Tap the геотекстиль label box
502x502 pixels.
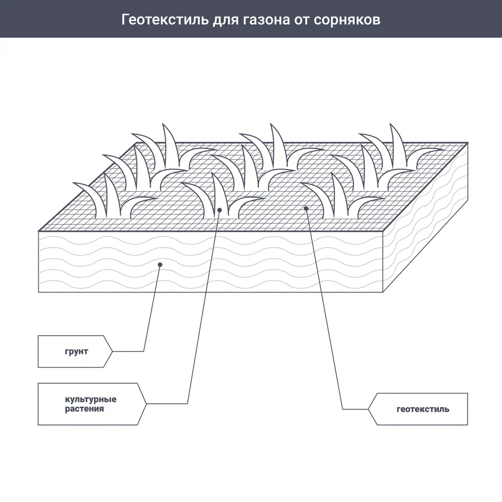coord(422,409)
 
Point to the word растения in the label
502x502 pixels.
coord(84,409)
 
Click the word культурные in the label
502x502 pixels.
coord(90,400)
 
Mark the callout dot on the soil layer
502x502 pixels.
coord(160,264)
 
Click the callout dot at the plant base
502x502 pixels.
coord(219,210)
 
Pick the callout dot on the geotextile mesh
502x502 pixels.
coord(306,208)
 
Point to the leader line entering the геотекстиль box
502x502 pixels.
coord(355,409)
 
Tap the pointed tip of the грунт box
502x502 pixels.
coord(111,351)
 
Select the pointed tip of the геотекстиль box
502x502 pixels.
coord(368,409)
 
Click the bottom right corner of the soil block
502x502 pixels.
coord(383,292)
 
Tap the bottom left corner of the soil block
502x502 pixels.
coord(39,292)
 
